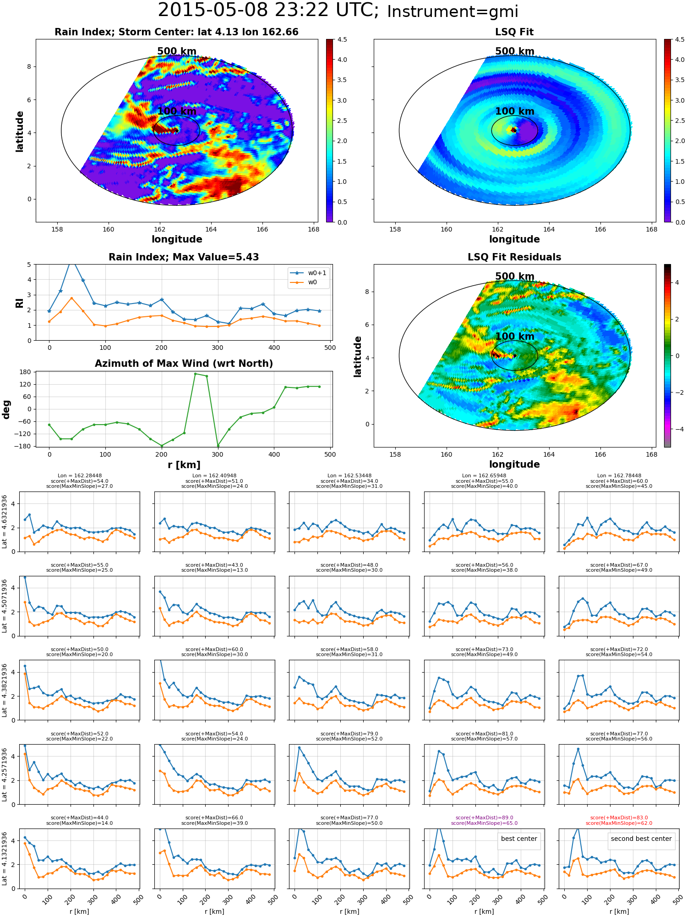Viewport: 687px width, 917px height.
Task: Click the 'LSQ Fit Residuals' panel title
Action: tap(514, 257)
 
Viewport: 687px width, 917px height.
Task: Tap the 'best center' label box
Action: tap(519, 839)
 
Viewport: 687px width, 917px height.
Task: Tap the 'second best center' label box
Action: tap(641, 839)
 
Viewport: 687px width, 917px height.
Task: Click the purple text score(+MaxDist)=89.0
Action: tap(484, 818)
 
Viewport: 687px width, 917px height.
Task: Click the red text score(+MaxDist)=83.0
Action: tap(619, 818)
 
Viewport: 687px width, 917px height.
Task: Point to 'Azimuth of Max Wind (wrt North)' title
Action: tap(184, 364)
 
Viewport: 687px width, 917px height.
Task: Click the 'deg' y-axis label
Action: tap(6, 409)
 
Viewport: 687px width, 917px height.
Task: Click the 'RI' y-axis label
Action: tap(19, 303)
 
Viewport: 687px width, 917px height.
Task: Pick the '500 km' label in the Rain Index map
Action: tap(177, 51)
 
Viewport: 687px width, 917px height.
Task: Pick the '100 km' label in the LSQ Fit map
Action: tap(515, 111)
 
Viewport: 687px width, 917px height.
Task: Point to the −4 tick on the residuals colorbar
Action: tap(677, 429)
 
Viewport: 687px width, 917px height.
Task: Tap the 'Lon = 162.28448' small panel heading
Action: tap(80, 475)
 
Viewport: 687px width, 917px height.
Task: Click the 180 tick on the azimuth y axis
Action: tap(25, 372)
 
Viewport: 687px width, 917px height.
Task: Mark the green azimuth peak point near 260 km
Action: tap(195, 374)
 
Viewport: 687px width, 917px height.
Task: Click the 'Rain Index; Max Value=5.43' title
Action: tap(184, 257)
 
